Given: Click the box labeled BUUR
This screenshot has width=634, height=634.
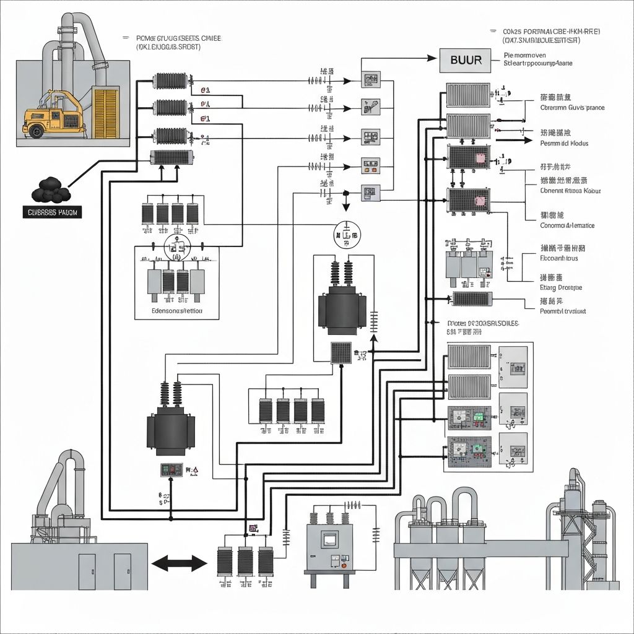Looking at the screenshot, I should coord(466,60).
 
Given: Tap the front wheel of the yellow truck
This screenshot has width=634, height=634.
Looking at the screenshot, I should coord(37,130).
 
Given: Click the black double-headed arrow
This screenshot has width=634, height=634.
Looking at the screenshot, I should coord(179,563).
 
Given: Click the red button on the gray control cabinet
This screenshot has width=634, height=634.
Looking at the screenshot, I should coord(344,565).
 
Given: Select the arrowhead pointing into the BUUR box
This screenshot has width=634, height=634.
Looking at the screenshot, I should coord(433,59).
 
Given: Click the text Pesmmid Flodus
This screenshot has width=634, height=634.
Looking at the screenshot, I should coord(564,144).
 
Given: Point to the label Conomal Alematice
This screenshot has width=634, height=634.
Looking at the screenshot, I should coord(567,225).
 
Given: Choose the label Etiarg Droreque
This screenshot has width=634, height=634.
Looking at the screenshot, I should coord(561,288).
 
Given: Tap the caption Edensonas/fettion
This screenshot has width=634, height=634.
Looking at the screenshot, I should coord(176,311).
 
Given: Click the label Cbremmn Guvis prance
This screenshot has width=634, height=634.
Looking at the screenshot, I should coord(572,108).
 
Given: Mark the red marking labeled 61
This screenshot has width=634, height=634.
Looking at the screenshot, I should coord(206,118).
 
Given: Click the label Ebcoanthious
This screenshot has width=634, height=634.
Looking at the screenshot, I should coord(559,258).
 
